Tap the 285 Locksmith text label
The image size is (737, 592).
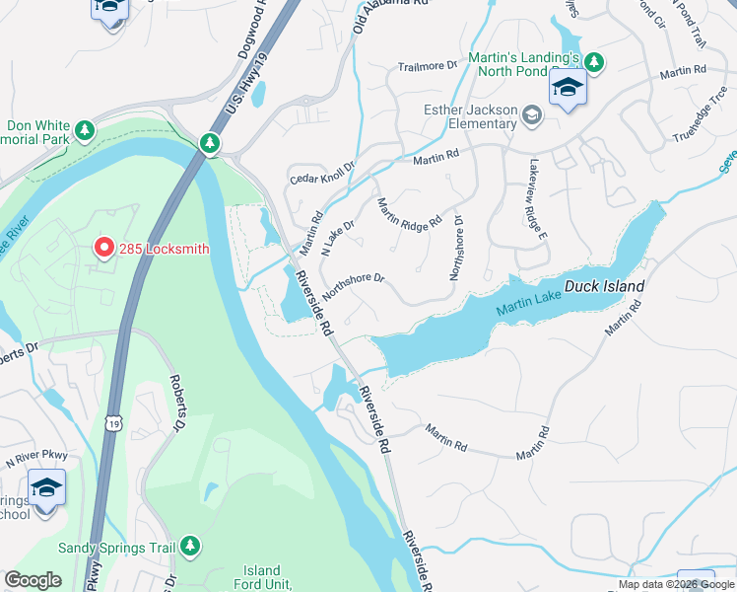point(164,249)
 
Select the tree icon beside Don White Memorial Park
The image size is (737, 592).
point(85,130)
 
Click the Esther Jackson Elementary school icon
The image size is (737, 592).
point(532,116)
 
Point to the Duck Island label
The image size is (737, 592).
point(605,287)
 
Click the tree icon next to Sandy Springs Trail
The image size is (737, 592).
point(190,546)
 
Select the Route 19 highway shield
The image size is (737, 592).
point(112,423)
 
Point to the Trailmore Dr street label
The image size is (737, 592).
point(428,67)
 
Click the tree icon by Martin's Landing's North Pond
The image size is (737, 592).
point(595,61)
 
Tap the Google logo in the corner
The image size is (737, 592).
point(33,580)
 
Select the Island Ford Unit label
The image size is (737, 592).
point(262,577)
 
